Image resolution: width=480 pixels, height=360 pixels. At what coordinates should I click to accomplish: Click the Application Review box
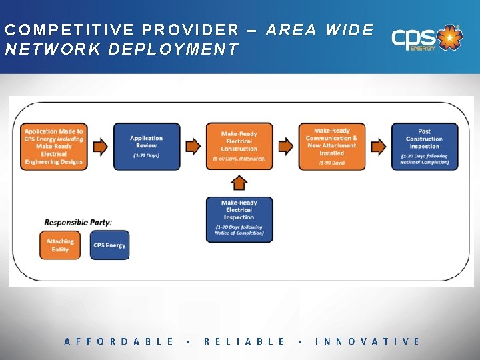(x=146, y=146)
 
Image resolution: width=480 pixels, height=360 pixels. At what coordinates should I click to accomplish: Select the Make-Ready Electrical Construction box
(x=239, y=146)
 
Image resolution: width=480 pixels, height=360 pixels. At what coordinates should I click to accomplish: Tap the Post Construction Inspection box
(x=424, y=146)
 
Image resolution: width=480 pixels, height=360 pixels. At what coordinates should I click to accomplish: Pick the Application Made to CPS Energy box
(x=54, y=146)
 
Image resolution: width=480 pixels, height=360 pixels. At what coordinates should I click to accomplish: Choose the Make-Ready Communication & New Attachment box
(x=331, y=146)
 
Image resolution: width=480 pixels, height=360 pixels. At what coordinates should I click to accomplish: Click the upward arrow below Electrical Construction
(x=239, y=182)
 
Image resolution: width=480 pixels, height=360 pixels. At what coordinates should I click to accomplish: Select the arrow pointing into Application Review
(x=100, y=146)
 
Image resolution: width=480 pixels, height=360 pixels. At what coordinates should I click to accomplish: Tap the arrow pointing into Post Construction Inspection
(x=378, y=146)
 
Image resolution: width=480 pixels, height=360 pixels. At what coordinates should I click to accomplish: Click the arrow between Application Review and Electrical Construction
(x=193, y=146)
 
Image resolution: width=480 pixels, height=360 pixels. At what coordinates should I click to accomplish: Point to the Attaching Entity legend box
(x=60, y=245)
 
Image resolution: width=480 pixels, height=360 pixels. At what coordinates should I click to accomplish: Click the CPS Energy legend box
(x=109, y=245)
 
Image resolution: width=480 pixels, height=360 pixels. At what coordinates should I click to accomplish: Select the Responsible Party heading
(x=78, y=221)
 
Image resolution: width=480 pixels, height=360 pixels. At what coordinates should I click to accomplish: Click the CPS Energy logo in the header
(x=425, y=38)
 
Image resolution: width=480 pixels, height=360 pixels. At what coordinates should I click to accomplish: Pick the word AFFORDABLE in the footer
(x=119, y=341)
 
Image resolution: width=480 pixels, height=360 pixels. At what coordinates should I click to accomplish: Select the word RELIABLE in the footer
(x=245, y=341)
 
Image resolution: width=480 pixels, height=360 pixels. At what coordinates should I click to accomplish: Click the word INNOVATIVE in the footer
(x=367, y=341)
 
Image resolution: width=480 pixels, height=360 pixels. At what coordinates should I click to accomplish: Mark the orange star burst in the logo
(x=451, y=38)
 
